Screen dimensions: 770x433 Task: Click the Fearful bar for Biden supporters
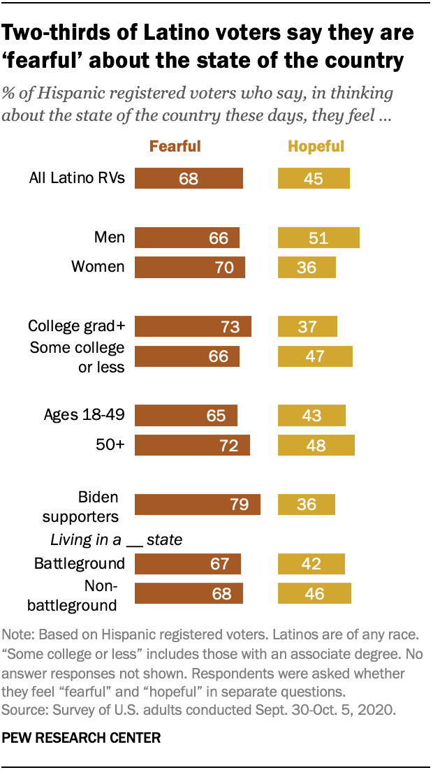coord(197,504)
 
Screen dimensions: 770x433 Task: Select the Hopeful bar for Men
coord(318,238)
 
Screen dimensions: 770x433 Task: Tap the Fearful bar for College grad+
coord(193,327)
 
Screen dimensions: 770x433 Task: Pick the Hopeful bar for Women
coord(307,268)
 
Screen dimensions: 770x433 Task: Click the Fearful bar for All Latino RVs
coord(189,178)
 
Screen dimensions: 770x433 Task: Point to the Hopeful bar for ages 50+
coord(316,445)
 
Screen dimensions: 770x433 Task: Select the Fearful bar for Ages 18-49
coord(186,415)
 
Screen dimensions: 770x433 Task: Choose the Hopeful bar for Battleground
coord(311,563)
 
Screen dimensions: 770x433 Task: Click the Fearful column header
coord(175,146)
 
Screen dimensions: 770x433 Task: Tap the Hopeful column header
coord(316,146)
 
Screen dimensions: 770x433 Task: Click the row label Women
coord(98,266)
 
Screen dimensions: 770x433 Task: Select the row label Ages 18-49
coord(84,415)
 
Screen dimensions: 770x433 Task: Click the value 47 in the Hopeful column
coord(316,356)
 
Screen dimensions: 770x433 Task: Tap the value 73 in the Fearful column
coord(230,327)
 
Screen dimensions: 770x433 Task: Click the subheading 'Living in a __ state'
coord(116,539)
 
